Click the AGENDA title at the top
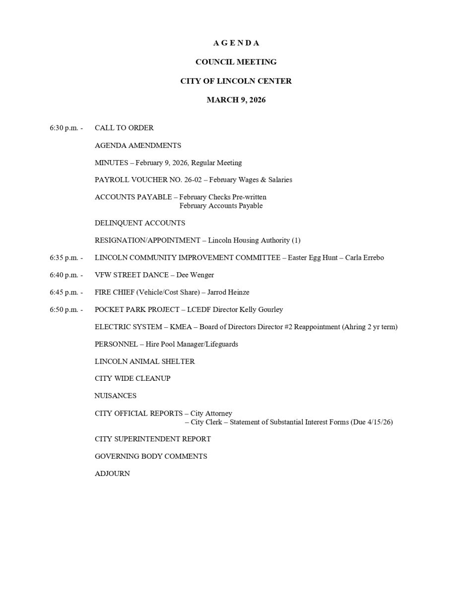(236, 43)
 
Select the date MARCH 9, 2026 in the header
(236, 100)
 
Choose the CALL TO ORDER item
(124, 128)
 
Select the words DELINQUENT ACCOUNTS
(140, 223)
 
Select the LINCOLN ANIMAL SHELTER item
(145, 361)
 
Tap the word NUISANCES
(116, 396)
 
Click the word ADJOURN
(112, 474)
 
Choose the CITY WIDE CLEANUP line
(132, 378)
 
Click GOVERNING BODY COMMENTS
(151, 456)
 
